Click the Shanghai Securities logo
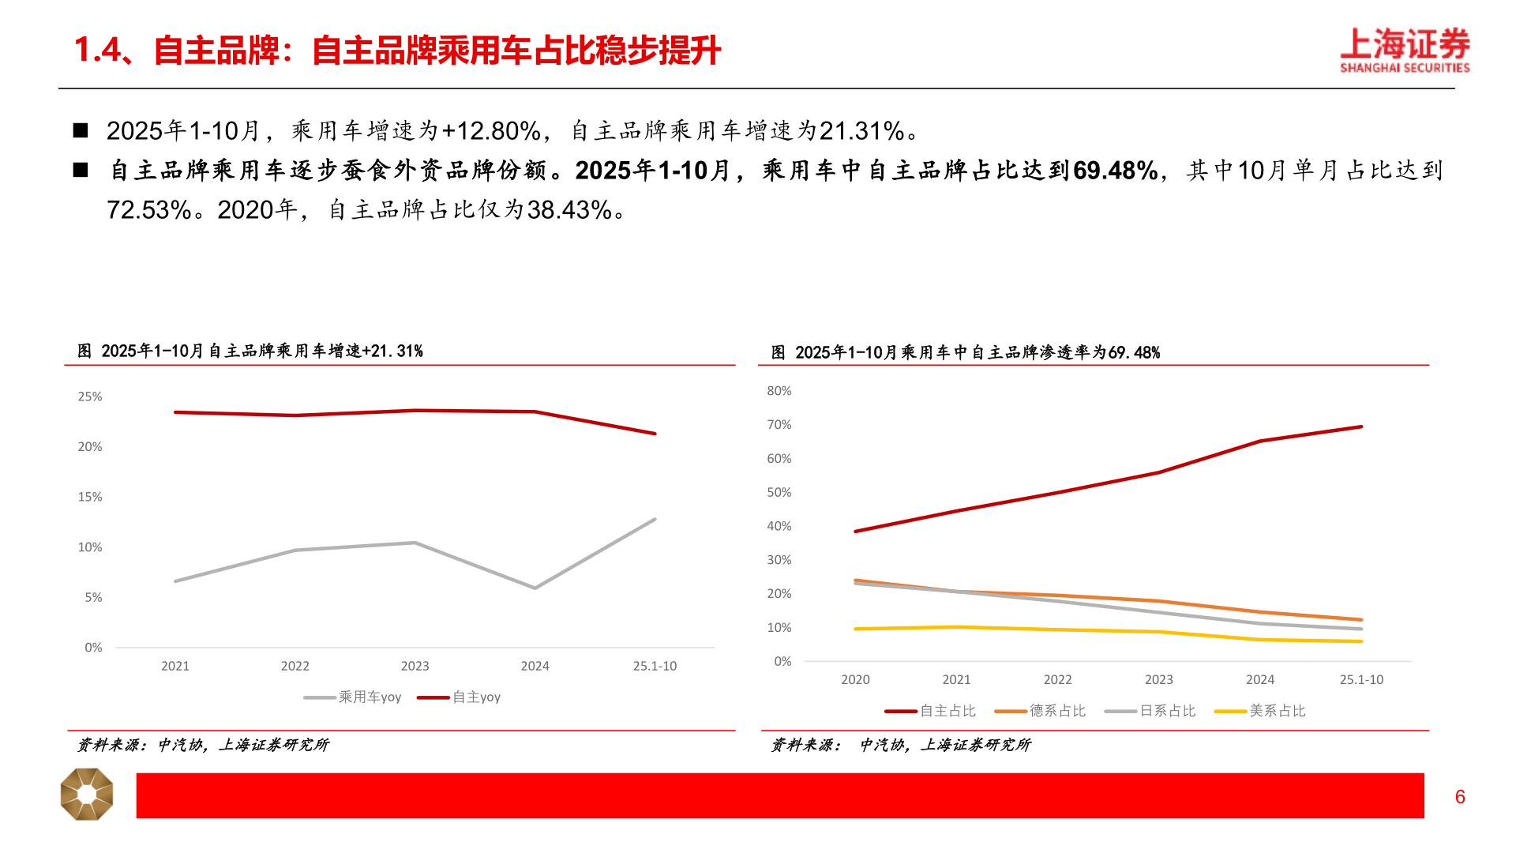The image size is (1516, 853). (1404, 51)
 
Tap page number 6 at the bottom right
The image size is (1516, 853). (1460, 797)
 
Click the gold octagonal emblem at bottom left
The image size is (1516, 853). (87, 794)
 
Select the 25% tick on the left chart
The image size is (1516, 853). (89, 396)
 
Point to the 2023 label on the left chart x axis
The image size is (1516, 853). (415, 666)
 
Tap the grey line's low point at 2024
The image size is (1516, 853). (535, 588)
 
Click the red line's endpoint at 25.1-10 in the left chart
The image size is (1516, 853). (655, 434)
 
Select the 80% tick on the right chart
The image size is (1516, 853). (779, 391)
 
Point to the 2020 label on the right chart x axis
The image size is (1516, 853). (855, 679)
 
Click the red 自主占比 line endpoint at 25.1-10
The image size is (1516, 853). (1361, 427)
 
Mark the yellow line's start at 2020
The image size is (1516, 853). (856, 629)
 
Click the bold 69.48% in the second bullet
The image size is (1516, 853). (1115, 171)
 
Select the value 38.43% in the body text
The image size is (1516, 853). (569, 210)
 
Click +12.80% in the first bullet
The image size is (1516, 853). (491, 131)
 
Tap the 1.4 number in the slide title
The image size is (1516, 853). (97, 51)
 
